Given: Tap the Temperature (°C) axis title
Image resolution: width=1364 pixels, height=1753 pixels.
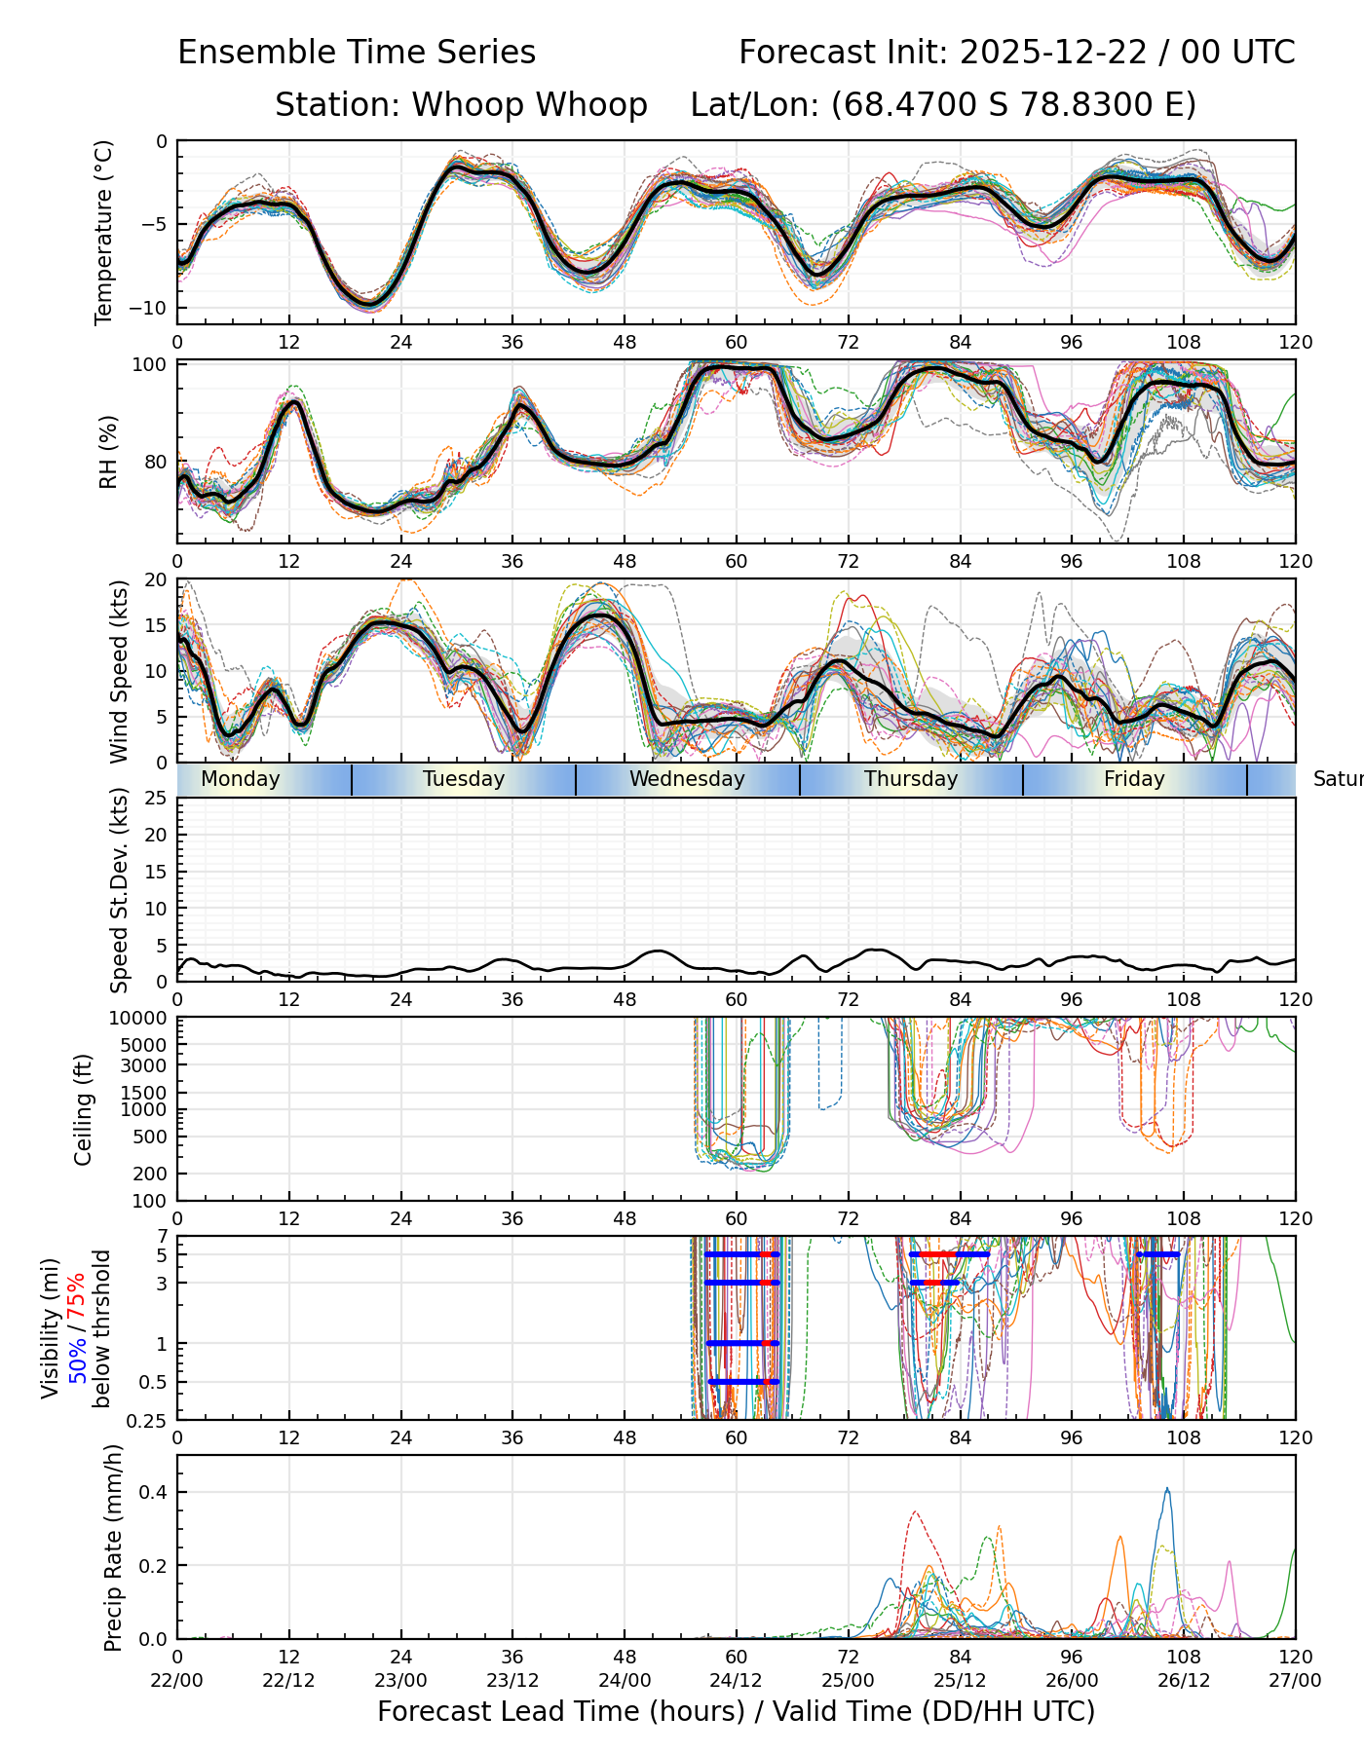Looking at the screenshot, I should pyautogui.click(x=104, y=232).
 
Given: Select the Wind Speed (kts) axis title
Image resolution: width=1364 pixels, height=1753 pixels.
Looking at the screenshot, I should pyautogui.click(x=119, y=671).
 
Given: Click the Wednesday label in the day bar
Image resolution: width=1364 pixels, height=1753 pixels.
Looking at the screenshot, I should pyautogui.click(x=687, y=779).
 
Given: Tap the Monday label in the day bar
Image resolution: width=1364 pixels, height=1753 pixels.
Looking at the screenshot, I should pyautogui.click(x=240, y=779).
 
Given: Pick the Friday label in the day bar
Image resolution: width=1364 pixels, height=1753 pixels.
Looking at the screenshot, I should pyautogui.click(x=1134, y=779).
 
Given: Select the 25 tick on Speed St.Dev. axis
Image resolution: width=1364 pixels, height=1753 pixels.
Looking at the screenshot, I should pyautogui.click(x=157, y=799).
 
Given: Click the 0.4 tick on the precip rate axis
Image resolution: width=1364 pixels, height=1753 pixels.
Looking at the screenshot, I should pyautogui.click(x=154, y=1493).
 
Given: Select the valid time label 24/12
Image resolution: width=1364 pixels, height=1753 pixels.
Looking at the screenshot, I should pyautogui.click(x=736, y=1681).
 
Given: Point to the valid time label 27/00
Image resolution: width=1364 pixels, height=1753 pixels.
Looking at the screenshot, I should pyautogui.click(x=1295, y=1681).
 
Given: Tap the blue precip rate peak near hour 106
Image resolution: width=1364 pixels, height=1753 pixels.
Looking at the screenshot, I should pyautogui.click(x=1167, y=1489).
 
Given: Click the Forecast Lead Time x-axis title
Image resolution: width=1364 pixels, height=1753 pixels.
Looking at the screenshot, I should pyautogui.click(x=736, y=1711).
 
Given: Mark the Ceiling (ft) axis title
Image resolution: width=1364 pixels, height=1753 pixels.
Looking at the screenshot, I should pyautogui.click(x=84, y=1109).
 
